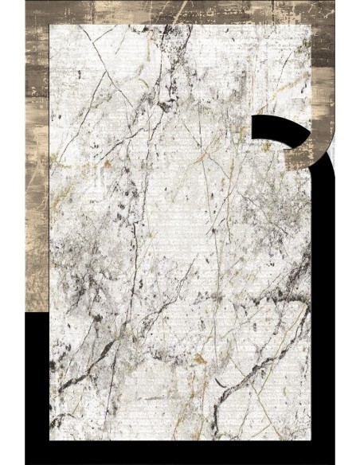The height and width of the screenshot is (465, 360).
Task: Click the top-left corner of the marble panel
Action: coord(50,25)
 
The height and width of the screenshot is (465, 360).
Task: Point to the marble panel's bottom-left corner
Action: coord(50,440)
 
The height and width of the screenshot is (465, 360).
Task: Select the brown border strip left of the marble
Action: coord(37,159)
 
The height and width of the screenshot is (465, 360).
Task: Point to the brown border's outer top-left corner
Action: coord(25,2)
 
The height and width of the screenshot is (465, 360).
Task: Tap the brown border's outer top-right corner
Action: coord(335,2)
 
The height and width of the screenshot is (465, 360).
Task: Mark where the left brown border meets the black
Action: coord(37,312)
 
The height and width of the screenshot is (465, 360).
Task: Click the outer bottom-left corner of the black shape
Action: coord(25,463)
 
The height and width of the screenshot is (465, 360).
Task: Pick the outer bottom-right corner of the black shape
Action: coord(335,463)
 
